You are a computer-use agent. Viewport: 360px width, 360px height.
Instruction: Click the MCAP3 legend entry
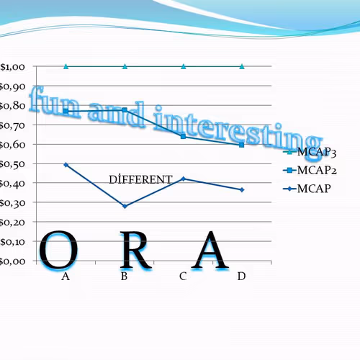pos(317,152)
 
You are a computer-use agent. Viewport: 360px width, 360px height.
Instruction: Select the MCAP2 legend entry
pos(317,170)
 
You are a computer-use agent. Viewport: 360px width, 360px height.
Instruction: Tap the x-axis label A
pos(66,276)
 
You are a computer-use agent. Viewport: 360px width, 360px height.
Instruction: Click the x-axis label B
pos(124,276)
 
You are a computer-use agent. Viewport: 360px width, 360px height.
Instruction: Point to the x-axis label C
pos(183,276)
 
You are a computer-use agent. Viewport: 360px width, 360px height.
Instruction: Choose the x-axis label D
pos(241,276)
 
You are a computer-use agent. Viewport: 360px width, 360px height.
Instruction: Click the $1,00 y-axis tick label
pos(13,67)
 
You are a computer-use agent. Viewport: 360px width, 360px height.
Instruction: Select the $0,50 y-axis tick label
pos(13,164)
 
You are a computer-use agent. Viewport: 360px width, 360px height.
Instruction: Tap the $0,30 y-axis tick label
pos(13,203)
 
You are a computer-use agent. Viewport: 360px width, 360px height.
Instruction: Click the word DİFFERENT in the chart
pos(140,179)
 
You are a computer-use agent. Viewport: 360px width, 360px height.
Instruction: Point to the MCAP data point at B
pos(125,207)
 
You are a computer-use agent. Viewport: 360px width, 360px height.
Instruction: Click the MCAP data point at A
pos(66,165)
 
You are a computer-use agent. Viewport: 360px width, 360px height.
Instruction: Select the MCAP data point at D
pos(242,190)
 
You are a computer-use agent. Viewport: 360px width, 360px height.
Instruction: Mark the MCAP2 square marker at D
pos(242,145)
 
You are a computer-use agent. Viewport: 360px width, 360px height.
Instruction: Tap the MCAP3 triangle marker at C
pos(183,66)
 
